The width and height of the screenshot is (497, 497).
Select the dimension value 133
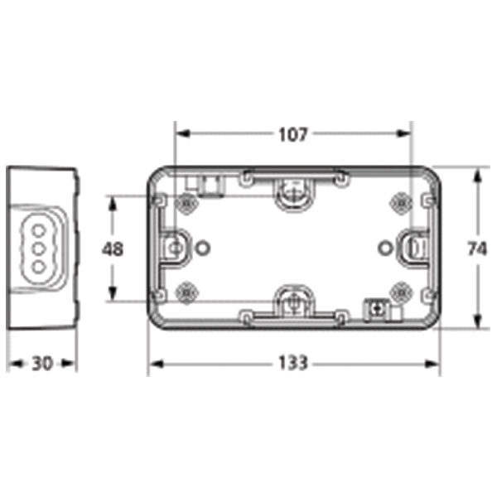click(292, 363)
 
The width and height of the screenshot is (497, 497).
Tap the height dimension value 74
click(475, 248)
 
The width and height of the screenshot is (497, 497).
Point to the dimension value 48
click(113, 248)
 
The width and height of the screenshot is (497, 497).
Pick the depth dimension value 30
click(42, 363)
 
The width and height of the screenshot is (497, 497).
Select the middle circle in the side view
click(37, 246)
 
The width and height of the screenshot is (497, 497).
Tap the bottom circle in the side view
click(37, 265)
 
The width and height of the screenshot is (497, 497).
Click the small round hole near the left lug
click(204, 247)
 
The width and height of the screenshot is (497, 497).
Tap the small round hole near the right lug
click(384, 246)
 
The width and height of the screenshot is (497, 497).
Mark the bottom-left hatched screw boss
click(187, 291)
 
